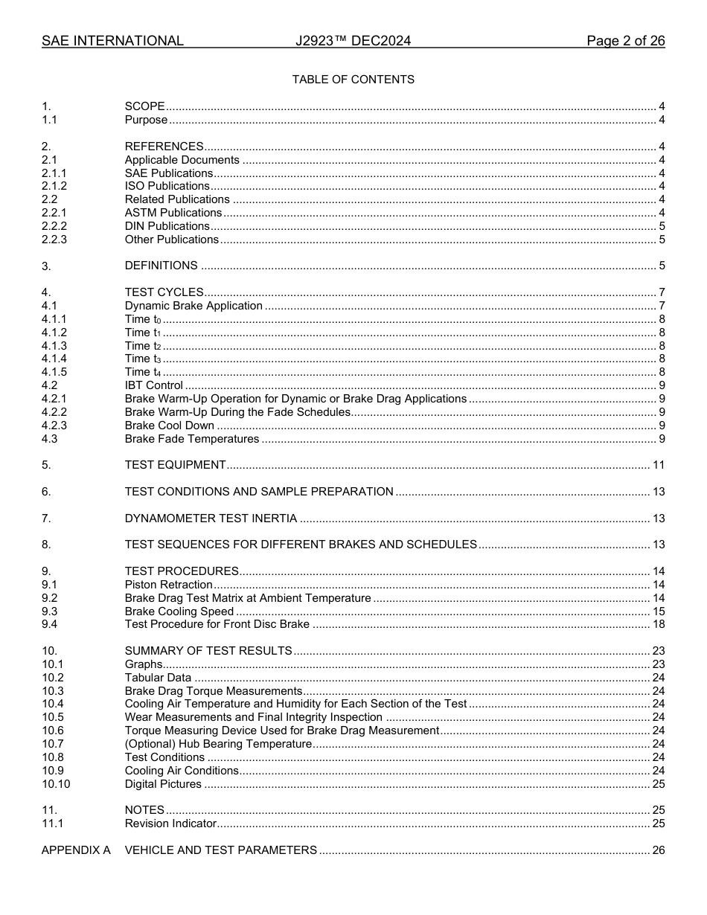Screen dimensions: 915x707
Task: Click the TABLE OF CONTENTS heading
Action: (353, 80)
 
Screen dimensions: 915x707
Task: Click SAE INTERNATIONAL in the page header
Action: (112, 41)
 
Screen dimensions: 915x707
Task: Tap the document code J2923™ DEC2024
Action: (353, 41)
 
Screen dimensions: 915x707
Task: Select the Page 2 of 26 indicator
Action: (625, 41)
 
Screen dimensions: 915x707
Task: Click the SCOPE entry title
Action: (144, 106)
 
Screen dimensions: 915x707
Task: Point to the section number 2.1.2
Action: (54, 186)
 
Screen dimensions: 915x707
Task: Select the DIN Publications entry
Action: (167, 226)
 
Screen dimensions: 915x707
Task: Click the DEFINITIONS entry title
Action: (161, 266)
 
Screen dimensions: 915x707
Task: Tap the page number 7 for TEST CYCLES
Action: (662, 292)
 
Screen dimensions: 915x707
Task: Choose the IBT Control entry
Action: (153, 385)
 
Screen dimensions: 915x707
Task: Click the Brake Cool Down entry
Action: (169, 426)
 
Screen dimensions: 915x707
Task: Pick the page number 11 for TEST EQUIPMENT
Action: (659, 465)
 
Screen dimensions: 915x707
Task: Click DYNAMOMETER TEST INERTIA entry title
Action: (211, 518)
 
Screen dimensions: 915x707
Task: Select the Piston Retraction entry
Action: (168, 585)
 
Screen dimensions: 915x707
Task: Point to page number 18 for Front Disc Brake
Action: (659, 624)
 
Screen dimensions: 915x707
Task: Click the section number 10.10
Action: (56, 784)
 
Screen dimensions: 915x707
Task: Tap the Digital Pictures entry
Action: (163, 784)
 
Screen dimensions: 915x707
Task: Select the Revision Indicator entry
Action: (170, 823)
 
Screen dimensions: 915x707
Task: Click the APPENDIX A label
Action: (76, 850)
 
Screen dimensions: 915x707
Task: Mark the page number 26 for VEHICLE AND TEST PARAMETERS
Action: (659, 850)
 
